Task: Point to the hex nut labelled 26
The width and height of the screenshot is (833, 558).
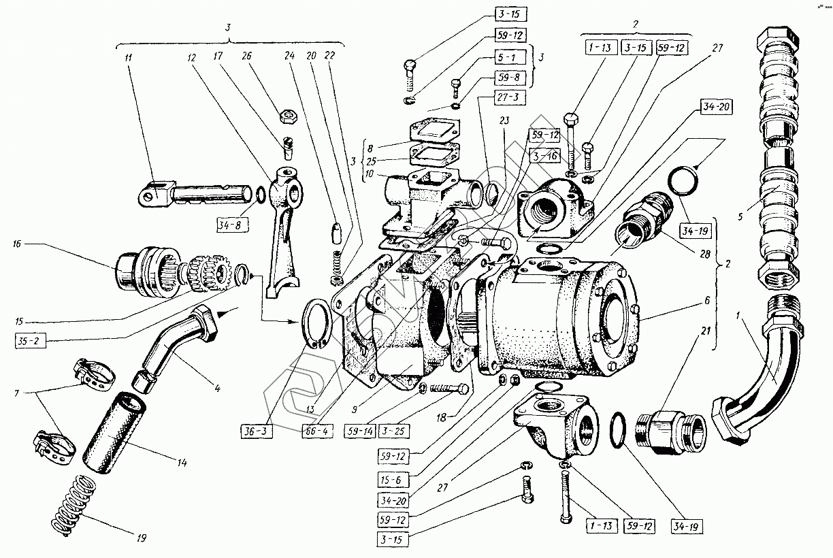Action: [x=289, y=116]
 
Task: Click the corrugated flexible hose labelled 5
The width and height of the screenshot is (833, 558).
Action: [x=777, y=157]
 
